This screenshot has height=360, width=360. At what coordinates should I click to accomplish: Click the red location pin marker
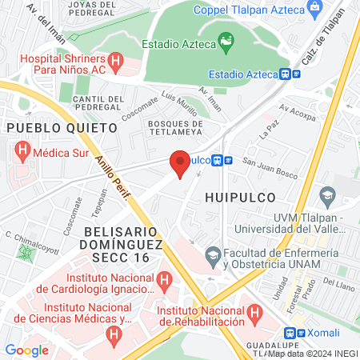(180, 165)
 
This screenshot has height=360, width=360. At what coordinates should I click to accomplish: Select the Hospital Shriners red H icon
(115, 60)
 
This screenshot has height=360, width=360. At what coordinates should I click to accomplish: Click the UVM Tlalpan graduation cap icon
(326, 196)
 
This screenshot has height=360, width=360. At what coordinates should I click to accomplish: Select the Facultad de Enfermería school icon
(213, 256)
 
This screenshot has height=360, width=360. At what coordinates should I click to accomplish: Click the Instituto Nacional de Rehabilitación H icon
(254, 310)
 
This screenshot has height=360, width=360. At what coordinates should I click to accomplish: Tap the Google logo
(26, 350)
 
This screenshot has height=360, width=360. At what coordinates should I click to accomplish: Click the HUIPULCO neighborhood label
(240, 197)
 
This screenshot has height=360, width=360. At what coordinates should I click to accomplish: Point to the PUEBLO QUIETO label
(46, 126)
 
